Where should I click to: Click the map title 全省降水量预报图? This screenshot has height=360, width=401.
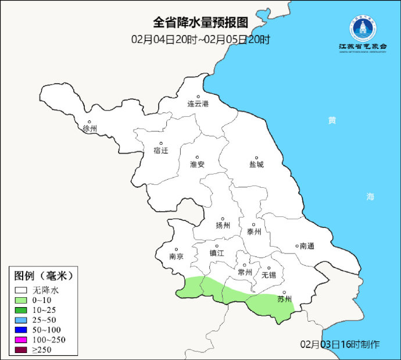pos(201,23)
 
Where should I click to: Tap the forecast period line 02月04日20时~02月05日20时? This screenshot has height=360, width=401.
pos(201,40)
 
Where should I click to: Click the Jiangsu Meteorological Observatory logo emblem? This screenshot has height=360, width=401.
pos(363,28)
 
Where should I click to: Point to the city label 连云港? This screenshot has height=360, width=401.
pos(198,104)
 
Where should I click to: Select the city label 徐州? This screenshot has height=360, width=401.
pos(90,129)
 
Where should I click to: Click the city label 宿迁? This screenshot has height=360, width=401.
pos(161,151)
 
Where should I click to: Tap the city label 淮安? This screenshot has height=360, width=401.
pos(198,164)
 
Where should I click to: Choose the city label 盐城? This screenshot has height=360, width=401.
pos(256,165)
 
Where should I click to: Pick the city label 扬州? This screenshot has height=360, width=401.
pos(223,226)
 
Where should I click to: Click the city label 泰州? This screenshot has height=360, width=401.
pos(254,231)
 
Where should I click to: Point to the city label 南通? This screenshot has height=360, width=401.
pos(307,246)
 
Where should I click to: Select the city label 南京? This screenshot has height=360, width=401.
pos(176,256)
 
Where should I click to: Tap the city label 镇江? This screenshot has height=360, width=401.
pos(217,253)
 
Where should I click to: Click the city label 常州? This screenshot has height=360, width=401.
pos(245,272)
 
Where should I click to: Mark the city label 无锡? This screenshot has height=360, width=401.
pos(269,275)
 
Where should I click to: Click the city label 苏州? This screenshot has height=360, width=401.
pos(284,300)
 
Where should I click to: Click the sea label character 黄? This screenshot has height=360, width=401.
pos(331,120)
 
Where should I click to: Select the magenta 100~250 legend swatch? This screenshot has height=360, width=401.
pos(22,339)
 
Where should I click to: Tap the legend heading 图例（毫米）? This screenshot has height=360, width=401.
pos(44,275)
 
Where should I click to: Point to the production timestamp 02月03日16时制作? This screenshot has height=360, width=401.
pos(340,344)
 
